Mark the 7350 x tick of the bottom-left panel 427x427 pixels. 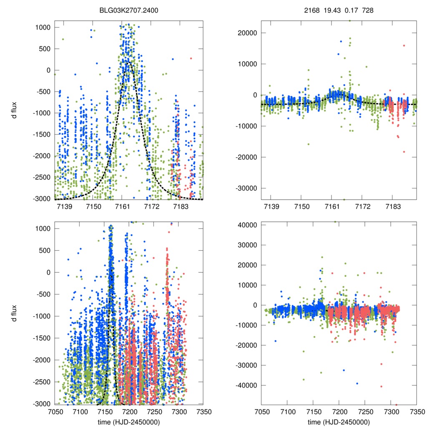coord(203,412)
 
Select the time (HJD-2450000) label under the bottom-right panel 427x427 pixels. coord(339,422)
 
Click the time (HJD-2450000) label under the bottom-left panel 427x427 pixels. coord(129,422)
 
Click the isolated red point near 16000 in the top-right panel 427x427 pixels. coord(404,45)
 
